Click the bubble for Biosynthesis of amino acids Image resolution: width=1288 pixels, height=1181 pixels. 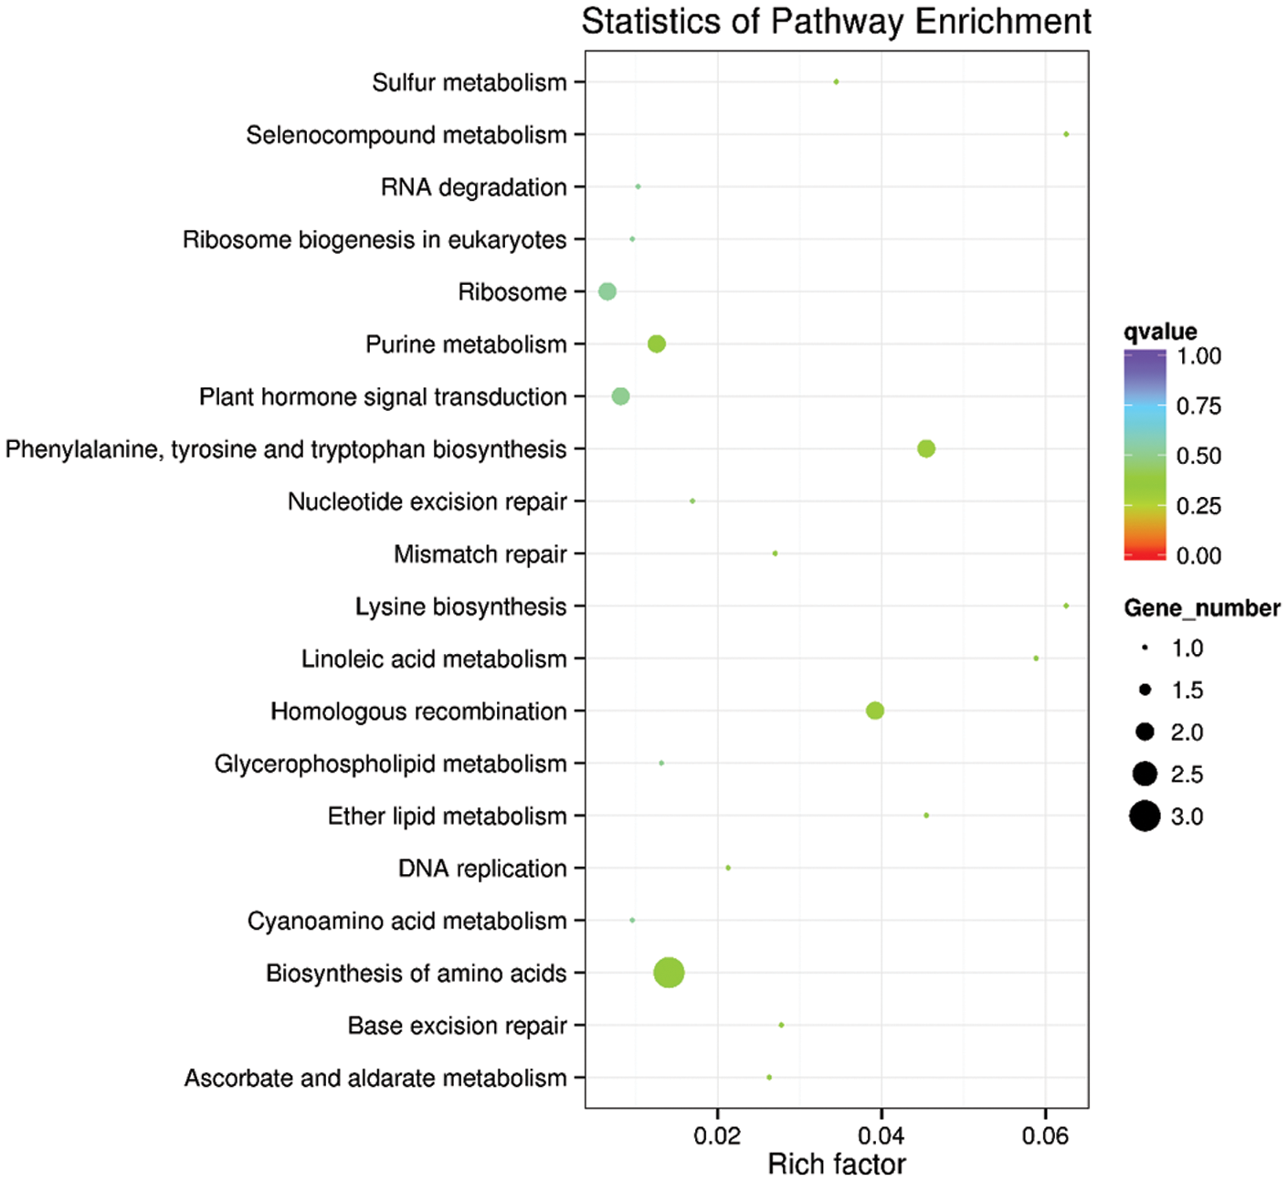click(669, 973)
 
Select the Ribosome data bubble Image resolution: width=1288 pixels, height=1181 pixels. click(607, 291)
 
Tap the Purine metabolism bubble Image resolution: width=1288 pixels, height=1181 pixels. click(656, 344)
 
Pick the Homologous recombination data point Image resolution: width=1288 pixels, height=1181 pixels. click(874, 711)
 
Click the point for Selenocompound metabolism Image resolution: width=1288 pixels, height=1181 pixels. click(1066, 134)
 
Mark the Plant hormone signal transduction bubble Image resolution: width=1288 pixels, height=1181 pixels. click(620, 396)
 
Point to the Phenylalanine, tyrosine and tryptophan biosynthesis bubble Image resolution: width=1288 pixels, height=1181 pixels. click(926, 448)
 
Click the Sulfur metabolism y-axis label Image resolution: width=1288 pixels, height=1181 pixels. click(469, 83)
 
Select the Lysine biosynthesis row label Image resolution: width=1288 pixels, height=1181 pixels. click(460, 607)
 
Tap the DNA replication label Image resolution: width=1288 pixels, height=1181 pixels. click(482, 869)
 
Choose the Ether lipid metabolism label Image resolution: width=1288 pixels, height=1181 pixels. click(447, 817)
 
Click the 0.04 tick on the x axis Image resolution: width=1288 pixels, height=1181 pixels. click(882, 1136)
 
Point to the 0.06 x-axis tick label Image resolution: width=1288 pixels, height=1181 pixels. click(1045, 1136)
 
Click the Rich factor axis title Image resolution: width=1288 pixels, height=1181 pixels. click(837, 1165)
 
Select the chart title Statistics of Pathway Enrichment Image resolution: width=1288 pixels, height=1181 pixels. click(836, 22)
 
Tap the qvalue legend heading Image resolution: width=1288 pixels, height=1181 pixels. click(1160, 332)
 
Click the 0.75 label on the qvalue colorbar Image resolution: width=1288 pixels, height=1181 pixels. click(1198, 406)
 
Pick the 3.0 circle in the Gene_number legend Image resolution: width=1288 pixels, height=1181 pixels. click(1144, 816)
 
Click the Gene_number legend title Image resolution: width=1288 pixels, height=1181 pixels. click(1201, 608)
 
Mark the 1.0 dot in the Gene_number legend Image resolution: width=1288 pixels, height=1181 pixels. click(1145, 648)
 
